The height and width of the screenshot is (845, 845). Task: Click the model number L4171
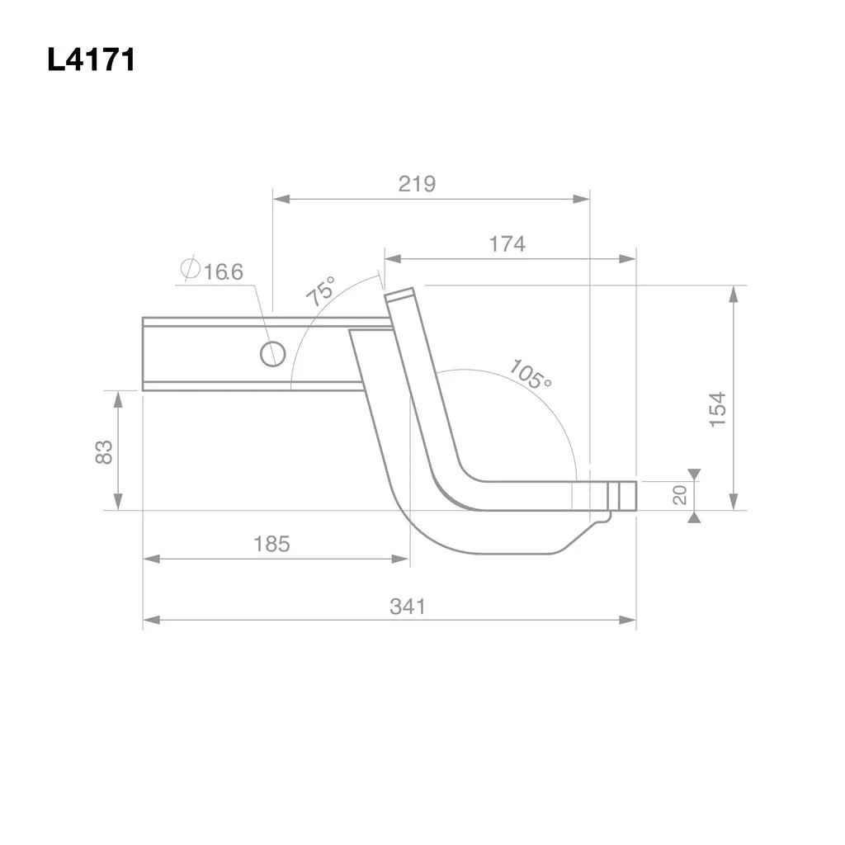click(91, 59)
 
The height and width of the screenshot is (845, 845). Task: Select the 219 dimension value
click(417, 184)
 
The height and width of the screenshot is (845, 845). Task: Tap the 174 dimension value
click(507, 244)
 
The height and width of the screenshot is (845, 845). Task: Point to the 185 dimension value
click(271, 544)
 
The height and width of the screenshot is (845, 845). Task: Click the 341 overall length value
click(408, 607)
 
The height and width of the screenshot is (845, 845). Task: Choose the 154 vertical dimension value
click(718, 410)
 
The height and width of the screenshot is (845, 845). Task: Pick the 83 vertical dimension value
click(103, 451)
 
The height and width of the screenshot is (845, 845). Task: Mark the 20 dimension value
click(680, 495)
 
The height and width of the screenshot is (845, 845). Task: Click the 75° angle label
click(321, 291)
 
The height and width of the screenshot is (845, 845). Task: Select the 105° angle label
click(531, 374)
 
